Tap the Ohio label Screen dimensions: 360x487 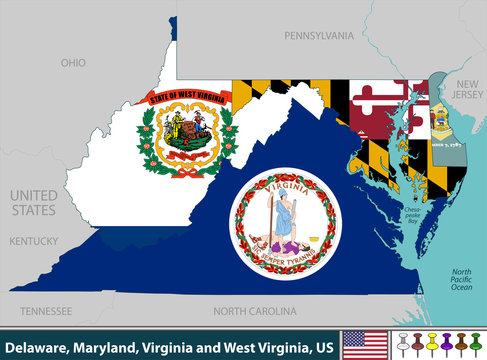[x=73, y=62]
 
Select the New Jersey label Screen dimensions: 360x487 [x=468, y=91]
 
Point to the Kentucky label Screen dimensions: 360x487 [x=34, y=241]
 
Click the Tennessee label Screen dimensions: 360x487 [x=46, y=310]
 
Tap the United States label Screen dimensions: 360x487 [x=34, y=202]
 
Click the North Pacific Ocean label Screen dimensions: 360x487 [x=461, y=280]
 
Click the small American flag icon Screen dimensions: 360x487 [x=357, y=344]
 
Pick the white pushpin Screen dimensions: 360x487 [x=402, y=342]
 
